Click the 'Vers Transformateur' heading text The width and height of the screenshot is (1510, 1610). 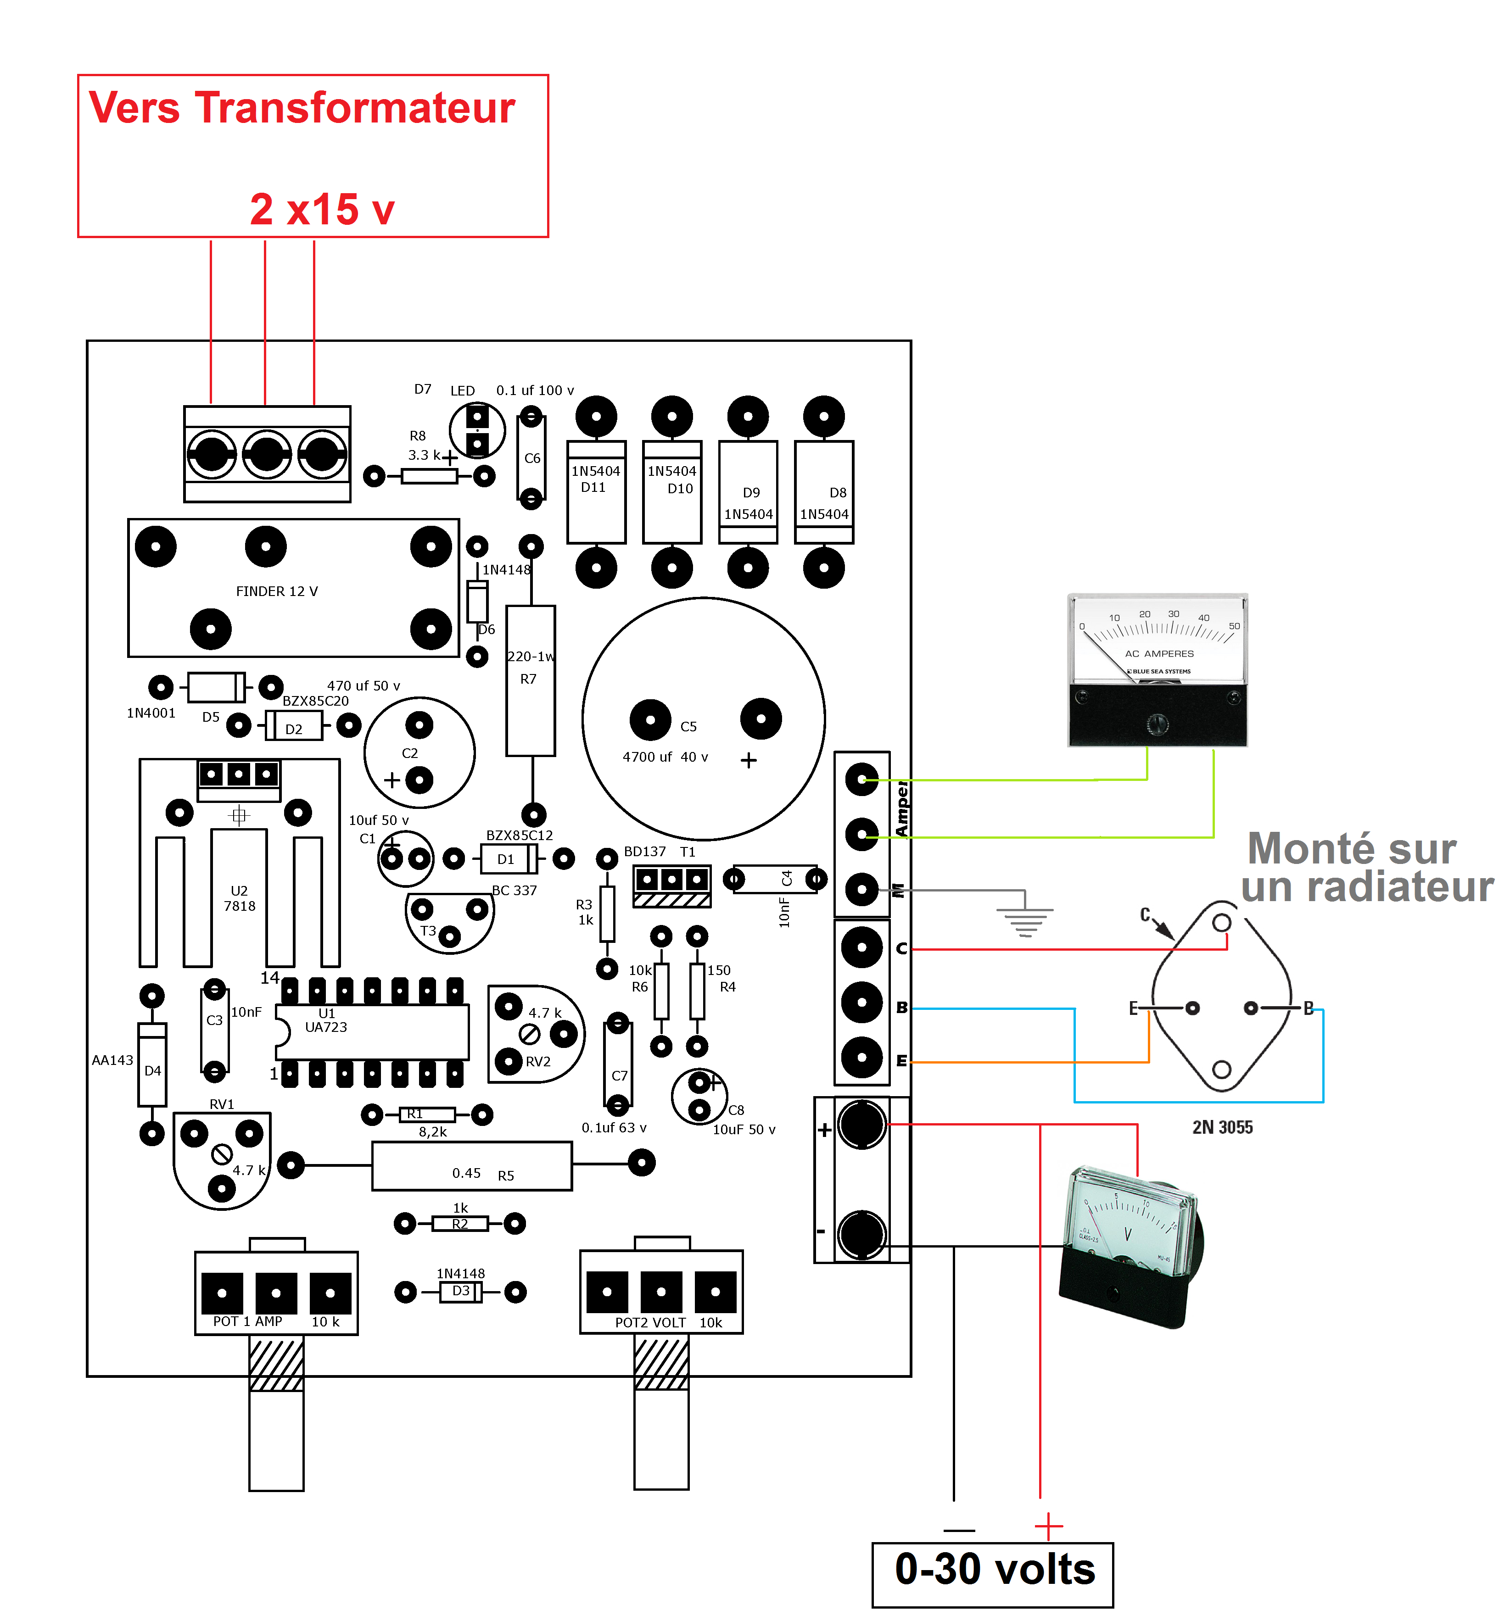[302, 108]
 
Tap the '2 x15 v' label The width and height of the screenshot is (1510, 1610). [322, 210]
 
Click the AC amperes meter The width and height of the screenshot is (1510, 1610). [1158, 670]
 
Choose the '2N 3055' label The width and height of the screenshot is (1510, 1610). [1222, 1127]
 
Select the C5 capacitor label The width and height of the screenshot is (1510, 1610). [688, 726]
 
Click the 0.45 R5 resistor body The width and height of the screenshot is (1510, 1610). [471, 1166]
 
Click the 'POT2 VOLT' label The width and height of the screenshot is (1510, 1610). [650, 1322]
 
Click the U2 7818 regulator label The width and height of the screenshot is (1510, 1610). [239, 898]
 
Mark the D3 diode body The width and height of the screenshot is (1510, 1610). [460, 1292]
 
